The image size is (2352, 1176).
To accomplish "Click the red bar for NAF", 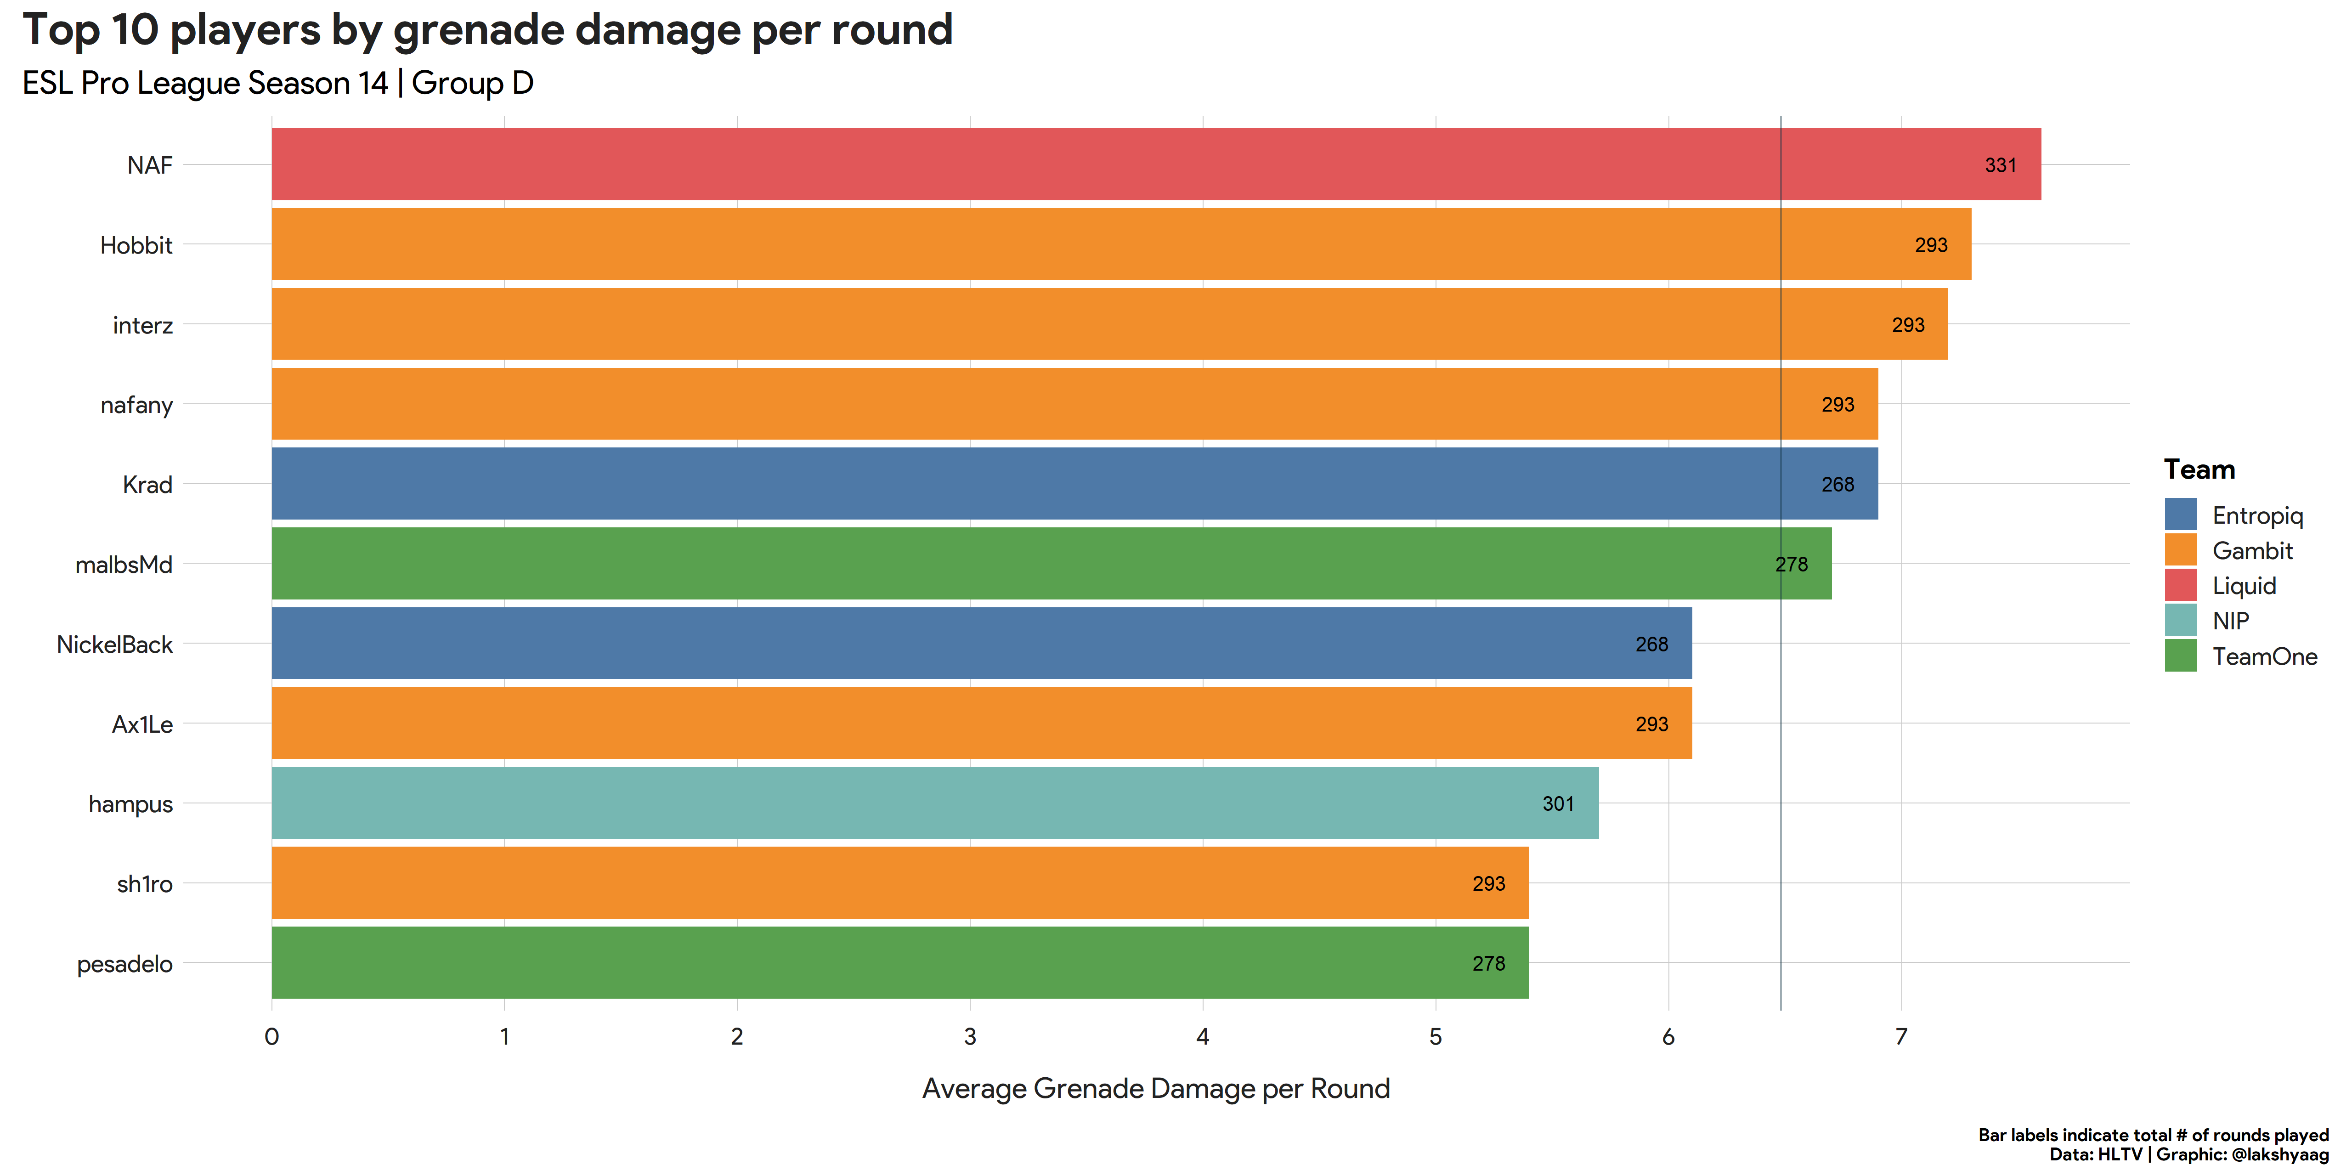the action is [1156, 164].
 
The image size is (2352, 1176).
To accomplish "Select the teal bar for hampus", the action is [935, 803].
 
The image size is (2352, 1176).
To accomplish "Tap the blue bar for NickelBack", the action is [982, 644].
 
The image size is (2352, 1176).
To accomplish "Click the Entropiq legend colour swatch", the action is [2180, 514].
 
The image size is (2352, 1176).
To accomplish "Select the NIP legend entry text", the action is [2231, 621].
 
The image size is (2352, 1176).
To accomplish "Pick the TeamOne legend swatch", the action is [2180, 656].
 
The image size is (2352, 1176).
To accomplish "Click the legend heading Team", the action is [2199, 469].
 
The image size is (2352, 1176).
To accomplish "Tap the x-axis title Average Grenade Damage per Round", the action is [1156, 1088].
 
